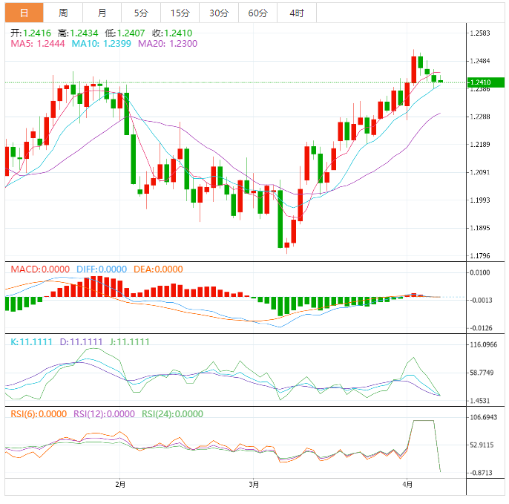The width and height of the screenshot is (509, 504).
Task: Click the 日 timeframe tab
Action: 24,13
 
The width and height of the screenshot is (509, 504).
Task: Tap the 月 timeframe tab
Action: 102,13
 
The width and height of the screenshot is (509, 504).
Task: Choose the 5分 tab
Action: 140,13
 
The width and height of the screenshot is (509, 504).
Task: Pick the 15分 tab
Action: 180,13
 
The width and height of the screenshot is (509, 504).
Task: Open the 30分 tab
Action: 219,13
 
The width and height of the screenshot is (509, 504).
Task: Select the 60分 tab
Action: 257,13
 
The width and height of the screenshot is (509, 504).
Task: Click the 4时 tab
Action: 297,13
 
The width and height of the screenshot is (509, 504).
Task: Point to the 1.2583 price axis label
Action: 483,33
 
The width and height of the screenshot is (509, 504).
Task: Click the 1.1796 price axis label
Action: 483,256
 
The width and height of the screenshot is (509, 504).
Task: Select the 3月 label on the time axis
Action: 254,485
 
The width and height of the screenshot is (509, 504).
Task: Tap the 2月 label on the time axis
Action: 121,485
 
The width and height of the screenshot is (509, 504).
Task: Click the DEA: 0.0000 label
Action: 158,269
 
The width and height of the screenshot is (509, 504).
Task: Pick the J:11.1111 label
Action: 129,342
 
